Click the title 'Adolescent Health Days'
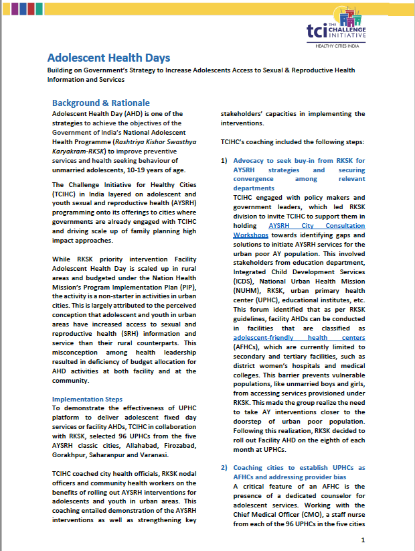[108, 58]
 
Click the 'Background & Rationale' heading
[101, 103]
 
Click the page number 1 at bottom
[362, 540]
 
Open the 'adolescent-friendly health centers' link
[299, 338]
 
